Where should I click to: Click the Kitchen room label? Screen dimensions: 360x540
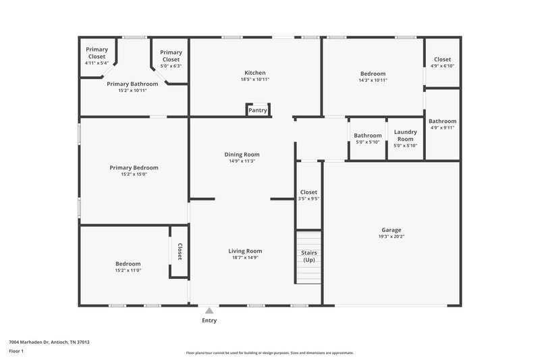point(254,73)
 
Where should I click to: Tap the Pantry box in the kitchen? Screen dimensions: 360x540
point(258,110)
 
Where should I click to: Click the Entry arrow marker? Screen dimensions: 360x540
point(209,311)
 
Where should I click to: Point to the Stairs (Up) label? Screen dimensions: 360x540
point(308,256)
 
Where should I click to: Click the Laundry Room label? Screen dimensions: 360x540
point(405,135)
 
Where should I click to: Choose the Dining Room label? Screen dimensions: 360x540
point(242,155)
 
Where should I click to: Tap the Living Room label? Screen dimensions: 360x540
point(244,251)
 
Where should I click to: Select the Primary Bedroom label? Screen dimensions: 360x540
point(134,168)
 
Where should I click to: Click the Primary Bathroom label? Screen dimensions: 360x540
point(132,84)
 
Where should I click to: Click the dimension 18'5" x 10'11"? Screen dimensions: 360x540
point(254,80)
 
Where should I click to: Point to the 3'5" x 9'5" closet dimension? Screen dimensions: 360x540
point(308,199)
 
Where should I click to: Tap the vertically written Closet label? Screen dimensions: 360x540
point(180,252)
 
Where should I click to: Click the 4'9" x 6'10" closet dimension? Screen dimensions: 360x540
point(442,66)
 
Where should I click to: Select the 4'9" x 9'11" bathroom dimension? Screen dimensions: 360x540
point(442,128)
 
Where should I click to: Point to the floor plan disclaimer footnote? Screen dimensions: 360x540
point(269,353)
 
